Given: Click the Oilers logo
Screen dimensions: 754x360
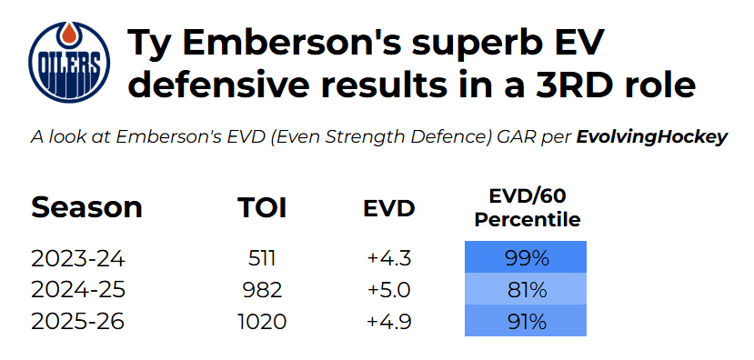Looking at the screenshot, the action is pos(69,62).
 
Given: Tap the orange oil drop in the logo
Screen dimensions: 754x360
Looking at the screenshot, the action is pos(69,35).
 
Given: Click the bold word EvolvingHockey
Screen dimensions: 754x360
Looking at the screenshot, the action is pos(651,137).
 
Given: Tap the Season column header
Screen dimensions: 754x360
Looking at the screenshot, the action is pos(86,207).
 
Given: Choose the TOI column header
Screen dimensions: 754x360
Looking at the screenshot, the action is pos(262,207).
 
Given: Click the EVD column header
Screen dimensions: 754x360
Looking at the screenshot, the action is pos(388,208).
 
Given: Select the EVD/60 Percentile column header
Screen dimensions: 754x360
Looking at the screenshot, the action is pos(527,208).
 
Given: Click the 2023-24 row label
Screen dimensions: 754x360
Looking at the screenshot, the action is pos(78,259).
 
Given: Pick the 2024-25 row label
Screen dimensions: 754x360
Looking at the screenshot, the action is pos(78,290).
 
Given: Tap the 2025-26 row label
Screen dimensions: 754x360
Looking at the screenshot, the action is pos(78,322).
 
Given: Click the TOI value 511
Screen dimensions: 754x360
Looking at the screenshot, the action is pos(262,259).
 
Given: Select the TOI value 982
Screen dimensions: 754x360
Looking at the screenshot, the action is pos(263,290).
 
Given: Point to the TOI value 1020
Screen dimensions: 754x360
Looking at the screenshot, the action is pos(263,322).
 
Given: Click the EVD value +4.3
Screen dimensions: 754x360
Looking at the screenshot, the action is pos(389,259).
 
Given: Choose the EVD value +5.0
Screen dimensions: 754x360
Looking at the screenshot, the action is pos(389,290).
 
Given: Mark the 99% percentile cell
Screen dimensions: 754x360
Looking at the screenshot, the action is pos(526,257).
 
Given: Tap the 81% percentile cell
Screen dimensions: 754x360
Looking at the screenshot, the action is pos(526,289).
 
